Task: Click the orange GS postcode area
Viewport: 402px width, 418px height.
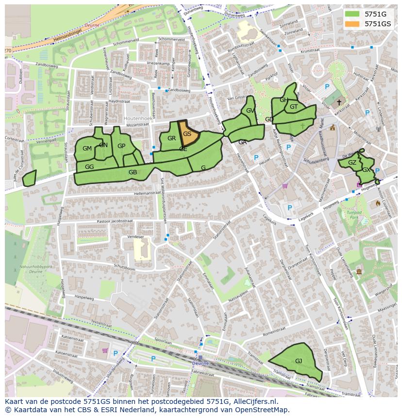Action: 187,134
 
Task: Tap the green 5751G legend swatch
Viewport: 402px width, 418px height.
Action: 353,14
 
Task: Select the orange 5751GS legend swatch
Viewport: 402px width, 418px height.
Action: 353,24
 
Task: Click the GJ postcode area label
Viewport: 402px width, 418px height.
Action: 299,361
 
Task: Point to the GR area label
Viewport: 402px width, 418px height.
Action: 171,138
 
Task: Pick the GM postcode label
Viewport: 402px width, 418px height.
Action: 87,149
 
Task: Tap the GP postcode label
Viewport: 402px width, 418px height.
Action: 121,146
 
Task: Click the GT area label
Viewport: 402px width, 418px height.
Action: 294,107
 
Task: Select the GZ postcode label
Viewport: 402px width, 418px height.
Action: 352,163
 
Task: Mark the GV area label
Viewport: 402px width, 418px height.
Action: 250,111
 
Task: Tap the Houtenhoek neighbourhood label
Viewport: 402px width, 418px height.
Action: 138,118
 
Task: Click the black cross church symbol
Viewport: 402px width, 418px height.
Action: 339,102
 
